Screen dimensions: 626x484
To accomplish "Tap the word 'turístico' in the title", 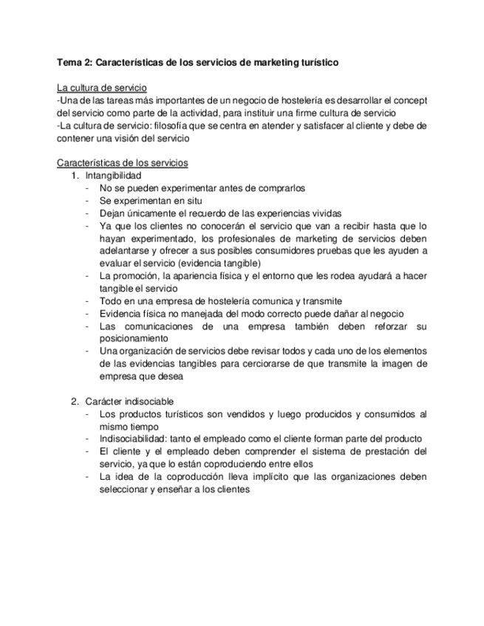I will (318, 63).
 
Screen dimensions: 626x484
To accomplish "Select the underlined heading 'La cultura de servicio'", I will (101, 88).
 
